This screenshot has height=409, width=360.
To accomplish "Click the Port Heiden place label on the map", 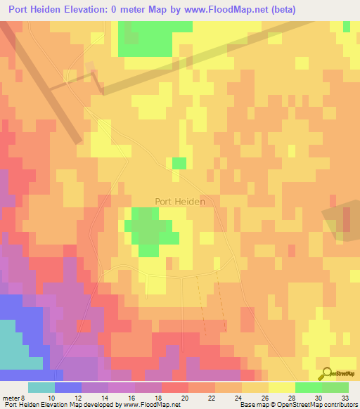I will click(x=180, y=202).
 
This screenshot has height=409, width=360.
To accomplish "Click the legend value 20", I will click(x=184, y=398).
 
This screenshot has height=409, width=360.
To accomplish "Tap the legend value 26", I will click(x=264, y=398).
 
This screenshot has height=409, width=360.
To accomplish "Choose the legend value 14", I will click(x=104, y=398).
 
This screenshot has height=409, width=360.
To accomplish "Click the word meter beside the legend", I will click(x=10, y=398).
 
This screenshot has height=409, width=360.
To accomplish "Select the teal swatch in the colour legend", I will click(x=41, y=387).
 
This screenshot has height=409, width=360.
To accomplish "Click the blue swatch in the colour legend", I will click(x=68, y=387).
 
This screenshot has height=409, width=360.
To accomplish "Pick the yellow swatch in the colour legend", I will click(x=282, y=387).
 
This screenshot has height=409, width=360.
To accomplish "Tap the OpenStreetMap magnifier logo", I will click(x=326, y=374).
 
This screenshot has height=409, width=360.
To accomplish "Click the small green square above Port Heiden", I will click(x=179, y=163).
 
